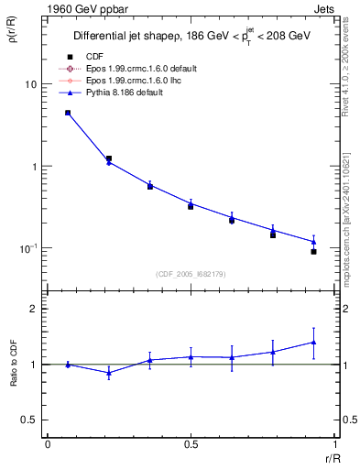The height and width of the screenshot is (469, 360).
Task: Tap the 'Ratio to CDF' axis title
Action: (13, 364)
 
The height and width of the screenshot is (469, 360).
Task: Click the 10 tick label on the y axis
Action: (30, 84)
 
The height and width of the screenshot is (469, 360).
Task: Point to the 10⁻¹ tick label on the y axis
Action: (27, 248)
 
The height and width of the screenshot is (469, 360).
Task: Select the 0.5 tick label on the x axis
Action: (191, 443)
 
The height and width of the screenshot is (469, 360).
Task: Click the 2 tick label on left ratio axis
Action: (34, 309)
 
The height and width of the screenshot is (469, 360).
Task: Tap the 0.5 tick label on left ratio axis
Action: (30, 420)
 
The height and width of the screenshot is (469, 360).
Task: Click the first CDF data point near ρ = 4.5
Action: (68, 113)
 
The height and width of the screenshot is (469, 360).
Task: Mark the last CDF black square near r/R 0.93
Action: (313, 251)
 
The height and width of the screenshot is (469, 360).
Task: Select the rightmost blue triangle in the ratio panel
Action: (313, 343)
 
